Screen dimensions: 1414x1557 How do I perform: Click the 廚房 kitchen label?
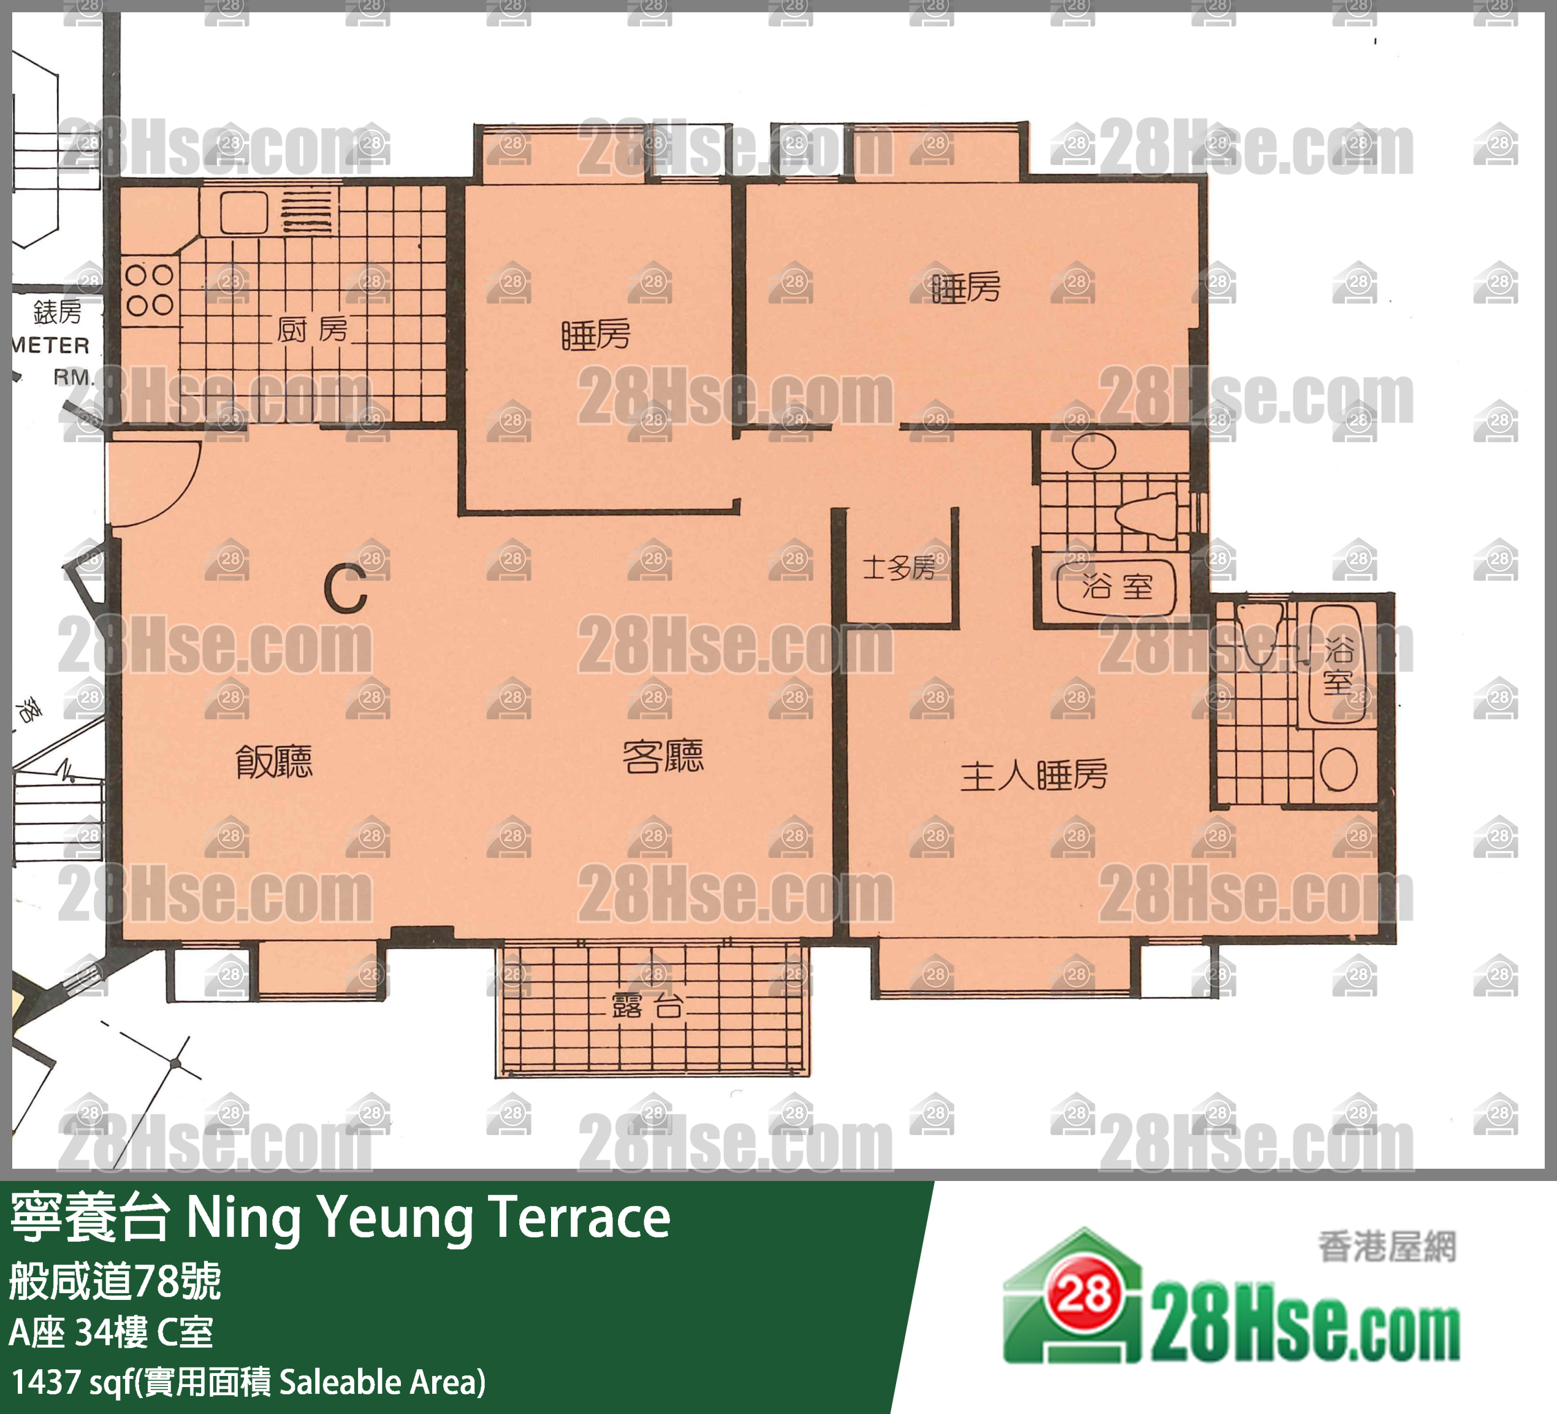(312, 330)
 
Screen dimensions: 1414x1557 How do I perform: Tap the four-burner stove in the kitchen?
(149, 290)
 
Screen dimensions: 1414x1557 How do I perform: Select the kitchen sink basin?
(243, 212)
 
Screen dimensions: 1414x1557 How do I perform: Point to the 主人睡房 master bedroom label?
(1034, 775)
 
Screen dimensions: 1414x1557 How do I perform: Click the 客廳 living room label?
(663, 757)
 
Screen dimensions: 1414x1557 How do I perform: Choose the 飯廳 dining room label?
(274, 762)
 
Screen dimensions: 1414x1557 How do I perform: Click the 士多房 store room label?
(898, 568)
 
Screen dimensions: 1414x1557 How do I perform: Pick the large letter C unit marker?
(345, 589)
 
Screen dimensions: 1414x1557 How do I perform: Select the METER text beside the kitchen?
(51, 345)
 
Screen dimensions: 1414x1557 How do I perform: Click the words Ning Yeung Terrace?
(428, 1218)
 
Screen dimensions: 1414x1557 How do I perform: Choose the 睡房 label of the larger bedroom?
(966, 289)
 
